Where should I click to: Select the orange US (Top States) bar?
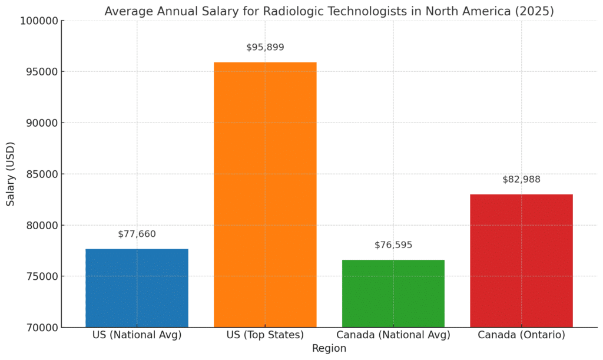pyautogui.click(x=265, y=194)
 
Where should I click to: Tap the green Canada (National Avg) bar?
pyautogui.click(x=393, y=293)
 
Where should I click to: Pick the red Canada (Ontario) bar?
pyautogui.click(x=521, y=260)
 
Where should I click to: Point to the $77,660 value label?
pyautogui.click(x=137, y=234)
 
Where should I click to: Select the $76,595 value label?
pyautogui.click(x=393, y=245)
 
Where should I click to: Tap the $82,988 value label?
pyautogui.click(x=521, y=180)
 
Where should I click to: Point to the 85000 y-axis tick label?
pyautogui.click(x=42, y=174)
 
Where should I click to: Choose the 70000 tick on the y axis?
pyautogui.click(x=42, y=328)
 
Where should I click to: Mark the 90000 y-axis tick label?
pyautogui.click(x=42, y=123)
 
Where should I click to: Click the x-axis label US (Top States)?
pyautogui.click(x=265, y=335)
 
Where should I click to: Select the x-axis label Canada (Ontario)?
pyautogui.click(x=521, y=335)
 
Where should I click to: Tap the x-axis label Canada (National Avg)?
pyautogui.click(x=393, y=335)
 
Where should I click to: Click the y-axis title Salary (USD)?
pyautogui.click(x=11, y=174)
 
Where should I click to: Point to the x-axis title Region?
pyautogui.click(x=329, y=348)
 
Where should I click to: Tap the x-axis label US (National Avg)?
pyautogui.click(x=137, y=335)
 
